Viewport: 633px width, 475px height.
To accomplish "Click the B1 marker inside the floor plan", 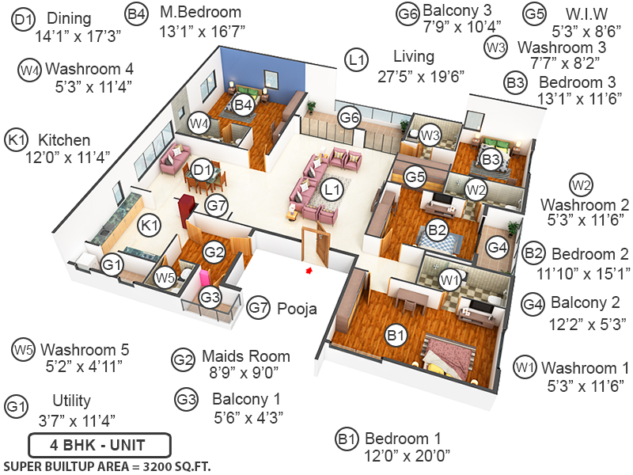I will [x=396, y=336].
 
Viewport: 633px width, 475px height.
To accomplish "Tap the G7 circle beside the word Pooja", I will [x=259, y=307].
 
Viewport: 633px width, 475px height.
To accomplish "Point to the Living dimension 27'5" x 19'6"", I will [x=420, y=77].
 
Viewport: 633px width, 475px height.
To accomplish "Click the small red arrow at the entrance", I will [x=309, y=271].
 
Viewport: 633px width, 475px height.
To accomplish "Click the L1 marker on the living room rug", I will [x=332, y=189].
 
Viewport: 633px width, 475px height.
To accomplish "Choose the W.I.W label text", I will [x=587, y=13].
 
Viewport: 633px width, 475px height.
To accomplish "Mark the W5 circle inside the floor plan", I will [x=165, y=278].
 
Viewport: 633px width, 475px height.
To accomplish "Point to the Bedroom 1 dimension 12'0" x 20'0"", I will [x=407, y=456].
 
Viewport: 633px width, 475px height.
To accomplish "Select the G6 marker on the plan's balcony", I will [x=349, y=118].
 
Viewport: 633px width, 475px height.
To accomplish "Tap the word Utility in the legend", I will [x=71, y=401].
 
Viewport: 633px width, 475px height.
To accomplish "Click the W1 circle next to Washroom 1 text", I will [x=524, y=367].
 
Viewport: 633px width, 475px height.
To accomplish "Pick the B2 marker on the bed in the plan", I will [x=438, y=230].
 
